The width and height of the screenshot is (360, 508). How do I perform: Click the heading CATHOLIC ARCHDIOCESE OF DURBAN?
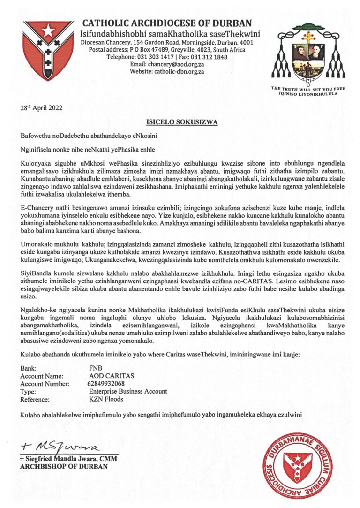click(167, 23)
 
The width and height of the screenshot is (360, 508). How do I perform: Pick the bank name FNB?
click(95, 369)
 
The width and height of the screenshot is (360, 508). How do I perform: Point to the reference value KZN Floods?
click(105, 399)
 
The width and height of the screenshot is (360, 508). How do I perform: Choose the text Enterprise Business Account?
click(127, 391)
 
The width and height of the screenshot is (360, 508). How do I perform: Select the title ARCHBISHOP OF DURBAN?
click(64, 467)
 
